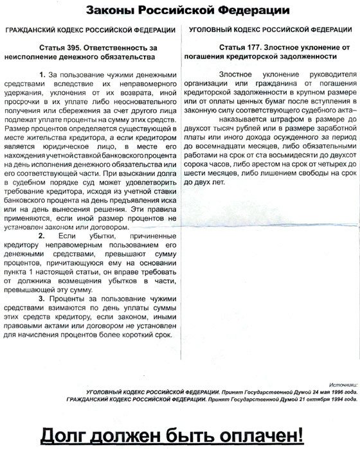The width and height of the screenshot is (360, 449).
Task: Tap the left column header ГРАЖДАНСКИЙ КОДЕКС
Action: click(51, 30)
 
